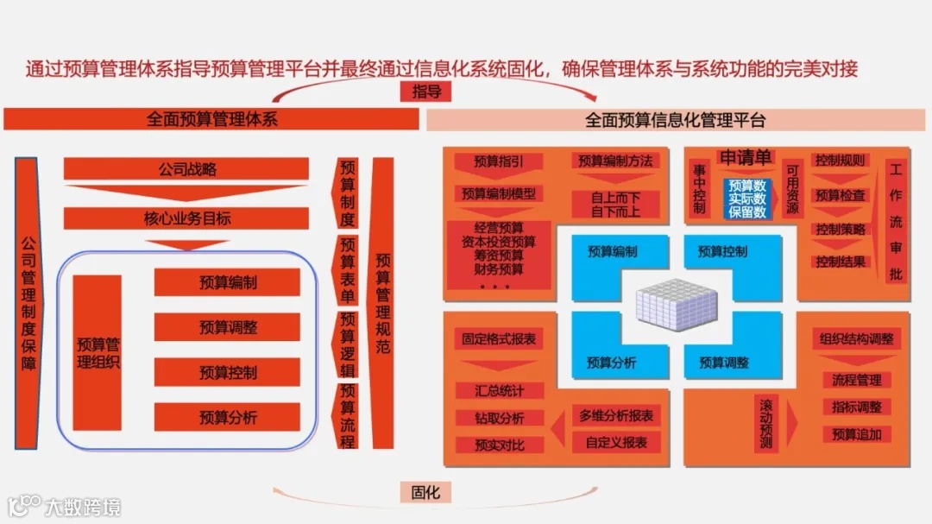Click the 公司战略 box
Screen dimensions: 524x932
[187, 169]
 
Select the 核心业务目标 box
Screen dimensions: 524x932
[187, 218]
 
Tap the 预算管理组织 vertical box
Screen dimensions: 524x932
[98, 352]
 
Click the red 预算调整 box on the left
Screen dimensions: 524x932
[228, 327]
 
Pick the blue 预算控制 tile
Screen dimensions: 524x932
[722, 252]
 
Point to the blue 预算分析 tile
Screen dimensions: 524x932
[612, 363]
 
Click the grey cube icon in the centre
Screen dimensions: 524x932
[677, 306]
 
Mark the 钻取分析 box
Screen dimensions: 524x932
[499, 418]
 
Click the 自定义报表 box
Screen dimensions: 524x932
[616, 442]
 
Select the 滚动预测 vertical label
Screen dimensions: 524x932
[765, 423]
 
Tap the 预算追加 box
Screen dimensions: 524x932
[856, 434]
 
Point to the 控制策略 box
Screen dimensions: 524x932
[841, 229]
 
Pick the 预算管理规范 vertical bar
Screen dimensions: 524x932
[382, 303]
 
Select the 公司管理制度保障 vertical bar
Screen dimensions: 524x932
[27, 303]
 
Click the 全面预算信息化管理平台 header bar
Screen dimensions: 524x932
[676, 120]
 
